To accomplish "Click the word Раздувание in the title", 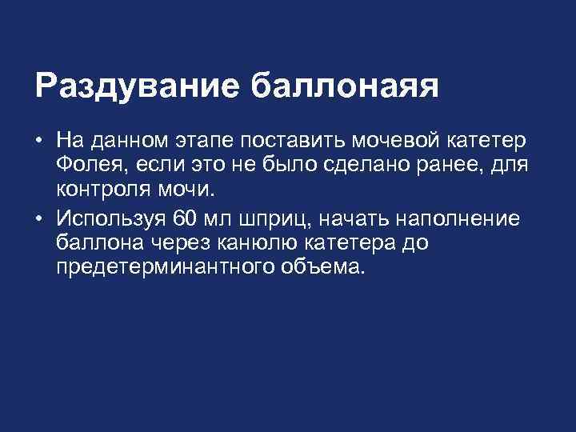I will pos(137,86).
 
